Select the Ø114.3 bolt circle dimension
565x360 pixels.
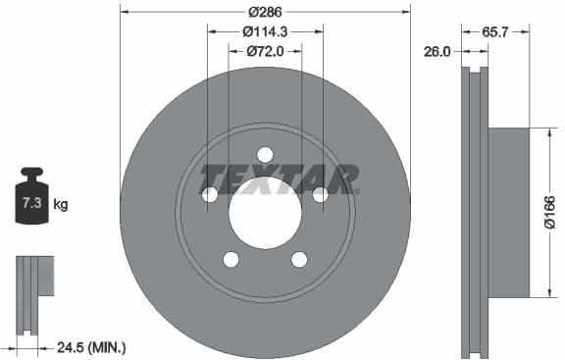(x=265, y=30)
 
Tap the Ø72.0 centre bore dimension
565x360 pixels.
(x=265, y=50)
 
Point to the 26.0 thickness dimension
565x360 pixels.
(x=436, y=52)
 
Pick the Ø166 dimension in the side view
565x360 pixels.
(x=549, y=211)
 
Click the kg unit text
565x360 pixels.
(x=61, y=205)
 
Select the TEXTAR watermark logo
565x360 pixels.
(x=279, y=179)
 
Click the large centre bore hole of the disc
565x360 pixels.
(x=265, y=213)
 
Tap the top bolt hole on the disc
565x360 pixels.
(x=265, y=154)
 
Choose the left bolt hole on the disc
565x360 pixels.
(x=210, y=194)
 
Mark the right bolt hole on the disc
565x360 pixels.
(x=320, y=194)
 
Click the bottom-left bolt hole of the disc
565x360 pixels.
(x=231, y=259)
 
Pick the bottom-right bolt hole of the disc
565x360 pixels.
(x=299, y=259)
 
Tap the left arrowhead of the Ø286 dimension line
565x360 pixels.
(x=125, y=11)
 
